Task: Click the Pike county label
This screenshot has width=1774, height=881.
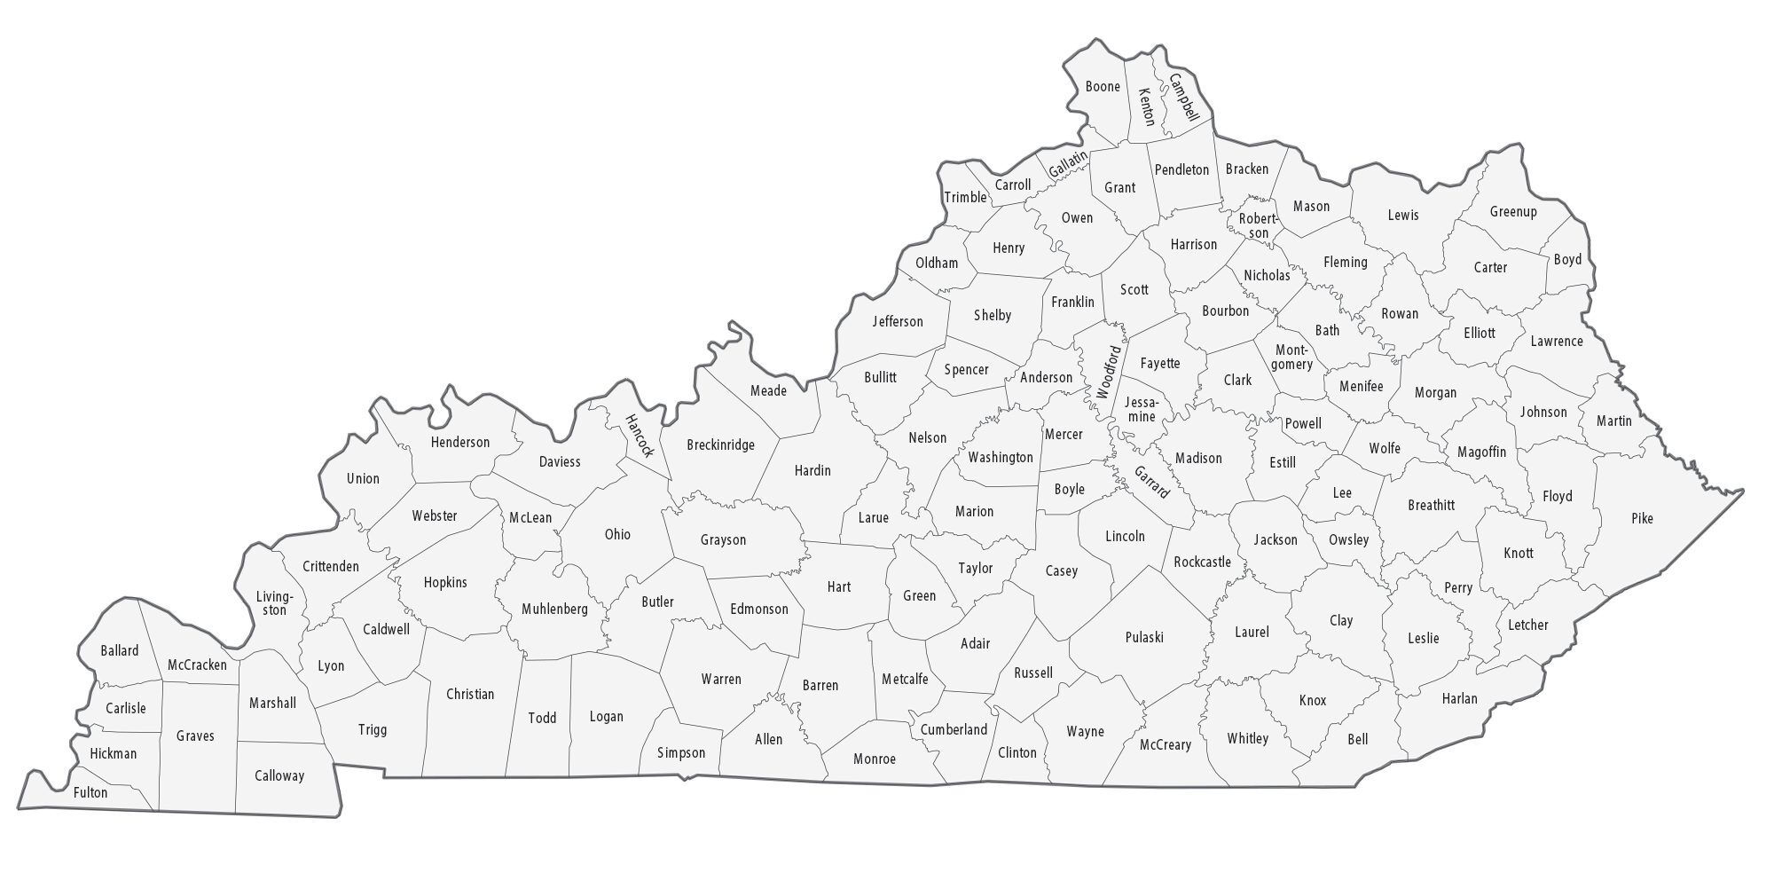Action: (1642, 518)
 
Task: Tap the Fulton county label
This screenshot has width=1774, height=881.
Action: (90, 792)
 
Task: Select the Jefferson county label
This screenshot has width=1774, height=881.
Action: (898, 321)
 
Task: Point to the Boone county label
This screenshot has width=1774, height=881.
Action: (1103, 87)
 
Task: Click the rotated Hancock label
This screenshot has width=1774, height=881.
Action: (639, 436)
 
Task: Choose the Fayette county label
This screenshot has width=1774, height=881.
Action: (1160, 363)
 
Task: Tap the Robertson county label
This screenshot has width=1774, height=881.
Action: (1258, 226)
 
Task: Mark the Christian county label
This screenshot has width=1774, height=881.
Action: (470, 694)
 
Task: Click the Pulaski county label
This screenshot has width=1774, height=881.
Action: (1144, 637)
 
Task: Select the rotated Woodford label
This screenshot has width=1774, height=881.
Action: (1109, 372)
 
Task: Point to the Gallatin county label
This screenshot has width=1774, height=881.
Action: (1067, 164)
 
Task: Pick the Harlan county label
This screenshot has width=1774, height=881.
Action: (1459, 698)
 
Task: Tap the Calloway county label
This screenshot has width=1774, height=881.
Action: (279, 775)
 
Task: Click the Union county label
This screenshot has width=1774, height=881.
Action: (363, 478)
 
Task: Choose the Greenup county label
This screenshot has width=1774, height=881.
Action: (1513, 212)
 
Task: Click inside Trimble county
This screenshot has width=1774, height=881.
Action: (964, 197)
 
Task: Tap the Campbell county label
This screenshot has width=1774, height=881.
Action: (1184, 98)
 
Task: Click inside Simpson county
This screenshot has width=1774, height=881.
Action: (681, 752)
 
